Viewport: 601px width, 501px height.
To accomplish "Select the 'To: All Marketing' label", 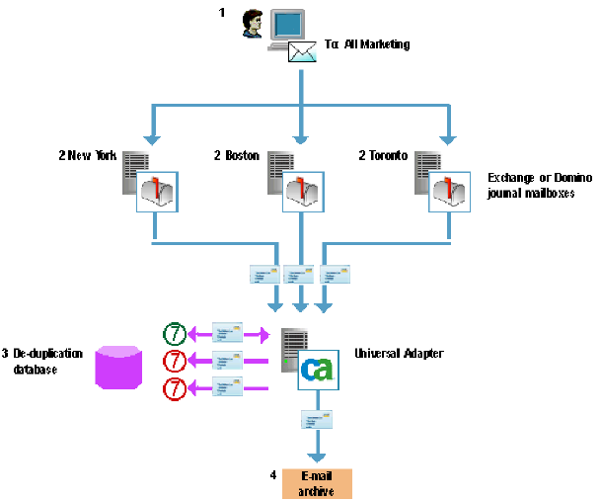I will pos(367,44).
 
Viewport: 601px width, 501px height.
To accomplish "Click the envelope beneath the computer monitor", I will pos(303,51).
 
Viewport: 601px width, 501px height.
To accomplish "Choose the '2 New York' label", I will pos(87,155).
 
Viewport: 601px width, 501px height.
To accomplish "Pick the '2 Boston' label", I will pos(236,155).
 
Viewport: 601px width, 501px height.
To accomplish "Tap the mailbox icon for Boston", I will pos(303,192).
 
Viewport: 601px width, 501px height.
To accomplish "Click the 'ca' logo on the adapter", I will pos(318,370).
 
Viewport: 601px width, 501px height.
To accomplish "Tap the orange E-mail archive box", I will pos(317,483).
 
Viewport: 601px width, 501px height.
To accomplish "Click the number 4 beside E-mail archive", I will pos(272,475).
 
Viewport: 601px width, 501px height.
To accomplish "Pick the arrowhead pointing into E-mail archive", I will pos(317,456).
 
